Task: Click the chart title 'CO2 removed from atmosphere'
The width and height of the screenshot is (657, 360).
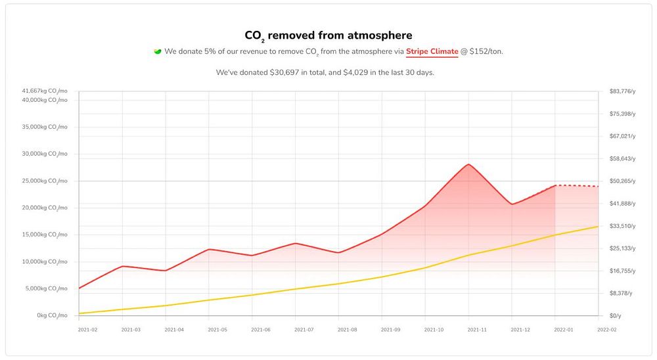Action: click(x=328, y=35)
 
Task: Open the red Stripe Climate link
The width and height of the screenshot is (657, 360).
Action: click(x=432, y=51)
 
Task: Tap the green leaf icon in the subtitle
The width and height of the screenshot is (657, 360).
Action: click(x=158, y=51)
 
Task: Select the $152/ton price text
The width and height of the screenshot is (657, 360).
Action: click(x=486, y=51)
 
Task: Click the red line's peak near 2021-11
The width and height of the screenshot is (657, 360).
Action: click(x=468, y=164)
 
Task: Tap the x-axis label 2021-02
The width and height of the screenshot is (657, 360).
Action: click(x=87, y=330)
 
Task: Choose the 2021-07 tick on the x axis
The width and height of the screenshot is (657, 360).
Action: click(x=304, y=330)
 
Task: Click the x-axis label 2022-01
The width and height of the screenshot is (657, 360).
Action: click(x=564, y=330)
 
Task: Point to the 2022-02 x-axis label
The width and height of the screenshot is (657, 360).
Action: click(x=607, y=330)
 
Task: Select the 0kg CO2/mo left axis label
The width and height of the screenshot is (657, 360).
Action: click(x=53, y=316)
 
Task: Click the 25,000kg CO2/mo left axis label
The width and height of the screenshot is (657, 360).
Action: click(x=44, y=181)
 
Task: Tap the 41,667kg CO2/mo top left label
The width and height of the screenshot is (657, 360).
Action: click(x=44, y=91)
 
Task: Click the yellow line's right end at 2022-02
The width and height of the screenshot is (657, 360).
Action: click(x=598, y=227)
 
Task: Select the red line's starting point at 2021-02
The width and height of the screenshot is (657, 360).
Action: click(x=79, y=288)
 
